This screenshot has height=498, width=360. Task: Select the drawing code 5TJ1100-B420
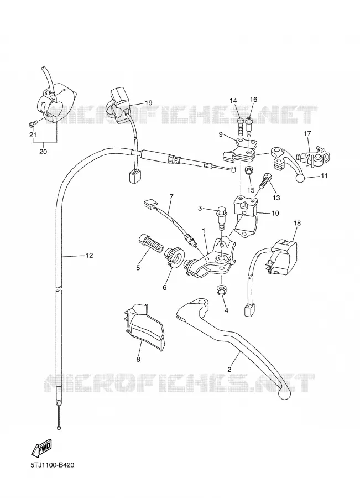coord(53,465)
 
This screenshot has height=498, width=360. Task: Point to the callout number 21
coord(33,135)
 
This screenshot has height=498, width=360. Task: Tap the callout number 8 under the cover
coord(138,359)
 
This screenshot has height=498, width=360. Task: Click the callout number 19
coord(148,102)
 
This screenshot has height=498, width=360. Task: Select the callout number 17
coord(307,133)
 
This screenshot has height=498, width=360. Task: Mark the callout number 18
coord(297,224)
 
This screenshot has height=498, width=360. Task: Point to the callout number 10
coord(275,213)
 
